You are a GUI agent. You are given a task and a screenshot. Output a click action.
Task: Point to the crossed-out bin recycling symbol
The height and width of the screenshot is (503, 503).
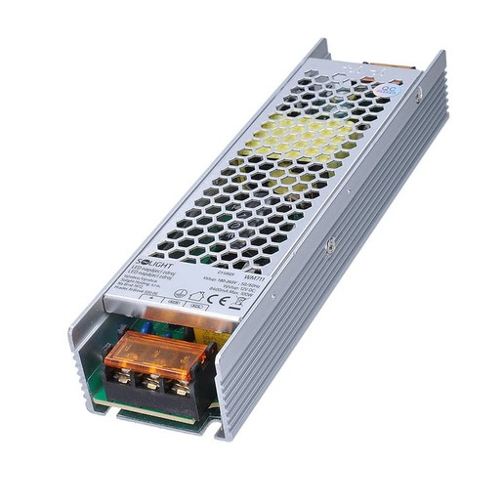(239, 301)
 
